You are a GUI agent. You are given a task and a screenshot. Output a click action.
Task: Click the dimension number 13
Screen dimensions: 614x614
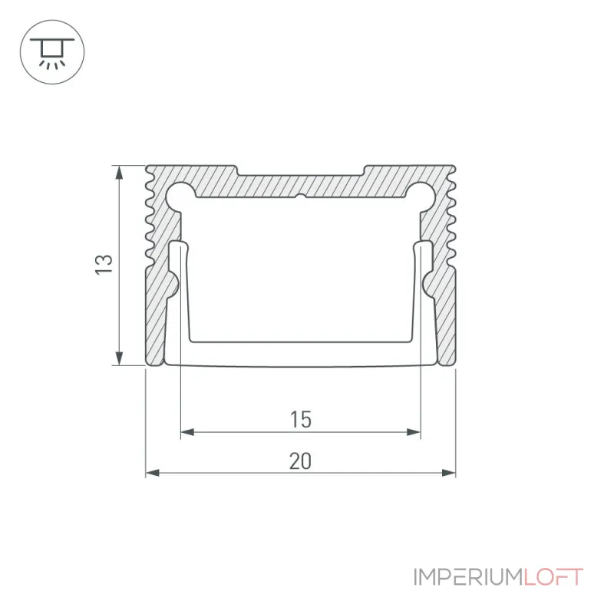click(104, 265)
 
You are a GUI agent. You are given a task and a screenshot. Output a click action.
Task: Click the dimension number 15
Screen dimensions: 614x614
click(301, 419)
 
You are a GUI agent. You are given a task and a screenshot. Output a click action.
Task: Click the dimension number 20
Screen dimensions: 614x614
click(300, 461)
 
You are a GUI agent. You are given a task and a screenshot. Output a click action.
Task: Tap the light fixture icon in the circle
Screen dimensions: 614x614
click(52, 52)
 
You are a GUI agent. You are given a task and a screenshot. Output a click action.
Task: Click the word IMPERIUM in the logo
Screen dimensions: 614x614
click(468, 577)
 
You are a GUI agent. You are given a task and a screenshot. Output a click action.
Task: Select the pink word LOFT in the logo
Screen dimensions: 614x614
click(553, 577)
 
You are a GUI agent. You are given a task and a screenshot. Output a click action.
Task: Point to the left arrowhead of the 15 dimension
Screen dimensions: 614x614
click(187, 432)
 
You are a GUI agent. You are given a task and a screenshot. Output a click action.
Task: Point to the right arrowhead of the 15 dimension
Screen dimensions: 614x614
click(414, 432)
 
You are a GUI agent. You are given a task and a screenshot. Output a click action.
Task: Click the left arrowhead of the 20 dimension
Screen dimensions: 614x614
click(152, 473)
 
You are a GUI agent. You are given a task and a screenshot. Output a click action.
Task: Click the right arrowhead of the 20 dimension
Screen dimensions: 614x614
click(449, 473)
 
